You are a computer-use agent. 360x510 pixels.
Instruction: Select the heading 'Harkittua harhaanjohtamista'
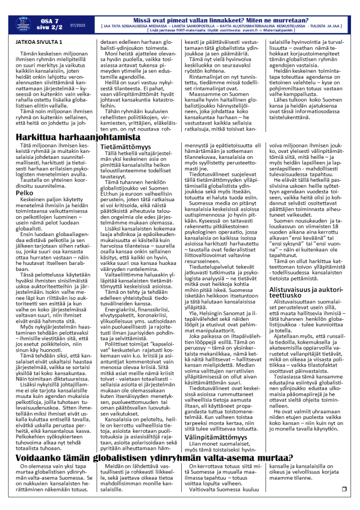[78, 136]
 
